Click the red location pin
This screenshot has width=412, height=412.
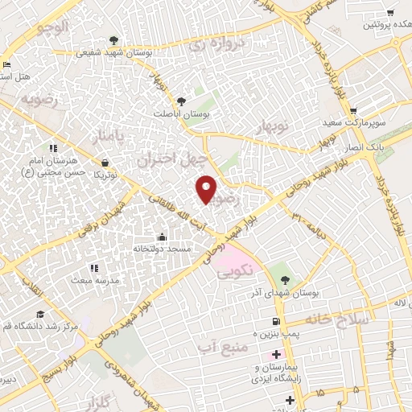[x=208, y=189]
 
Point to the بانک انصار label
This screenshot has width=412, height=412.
[x=383, y=148]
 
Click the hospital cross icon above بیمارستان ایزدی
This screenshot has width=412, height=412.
[x=276, y=355]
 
